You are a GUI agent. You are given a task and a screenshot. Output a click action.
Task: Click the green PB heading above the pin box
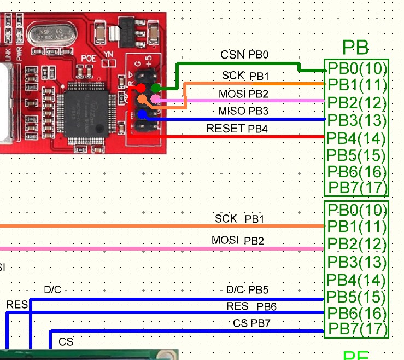tap(355, 48)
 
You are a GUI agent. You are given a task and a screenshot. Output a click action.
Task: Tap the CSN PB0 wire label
tap(244, 55)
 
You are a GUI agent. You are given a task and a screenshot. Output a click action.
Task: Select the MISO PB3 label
tap(243, 112)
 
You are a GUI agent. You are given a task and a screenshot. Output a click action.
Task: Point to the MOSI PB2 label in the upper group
tap(243, 94)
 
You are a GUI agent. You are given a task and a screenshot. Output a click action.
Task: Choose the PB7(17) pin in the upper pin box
tap(357, 188)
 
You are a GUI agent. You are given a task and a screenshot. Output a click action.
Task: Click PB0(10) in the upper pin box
tap(357, 68)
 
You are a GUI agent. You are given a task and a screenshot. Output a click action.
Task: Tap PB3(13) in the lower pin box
tap(357, 262)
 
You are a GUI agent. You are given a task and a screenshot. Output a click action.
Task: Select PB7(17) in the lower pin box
tap(357, 329)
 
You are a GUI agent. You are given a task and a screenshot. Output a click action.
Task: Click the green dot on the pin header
tap(156, 88)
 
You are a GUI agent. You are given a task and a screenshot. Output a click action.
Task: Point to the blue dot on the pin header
tap(142, 114)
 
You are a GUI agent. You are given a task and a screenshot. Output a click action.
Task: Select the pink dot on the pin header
tap(156, 99)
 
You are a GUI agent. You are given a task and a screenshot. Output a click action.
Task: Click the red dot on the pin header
tap(142, 88)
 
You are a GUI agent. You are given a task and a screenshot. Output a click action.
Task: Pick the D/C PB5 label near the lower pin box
tap(247, 289)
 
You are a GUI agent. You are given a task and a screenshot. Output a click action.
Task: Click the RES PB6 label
tap(251, 306)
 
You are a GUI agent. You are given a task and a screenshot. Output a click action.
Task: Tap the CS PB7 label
tap(251, 323)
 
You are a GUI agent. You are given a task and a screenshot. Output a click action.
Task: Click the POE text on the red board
tap(89, 57)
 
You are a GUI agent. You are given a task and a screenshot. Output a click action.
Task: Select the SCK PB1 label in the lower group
tap(239, 219)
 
